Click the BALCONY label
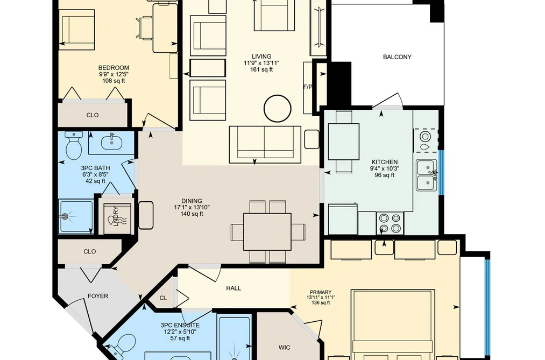click(397, 57)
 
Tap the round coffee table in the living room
click(278, 108)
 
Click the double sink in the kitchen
click(427, 175)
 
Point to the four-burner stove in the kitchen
click(390, 223)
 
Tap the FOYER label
click(98, 296)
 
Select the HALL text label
click(233, 288)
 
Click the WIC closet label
click(284, 347)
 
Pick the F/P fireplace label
click(308, 87)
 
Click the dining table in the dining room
click(267, 232)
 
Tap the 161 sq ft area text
click(261, 69)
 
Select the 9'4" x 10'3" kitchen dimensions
click(385, 168)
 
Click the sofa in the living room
click(265, 144)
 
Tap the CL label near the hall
click(163, 298)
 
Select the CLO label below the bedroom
click(93, 115)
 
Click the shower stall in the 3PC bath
click(76, 216)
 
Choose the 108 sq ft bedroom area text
click(114, 81)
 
